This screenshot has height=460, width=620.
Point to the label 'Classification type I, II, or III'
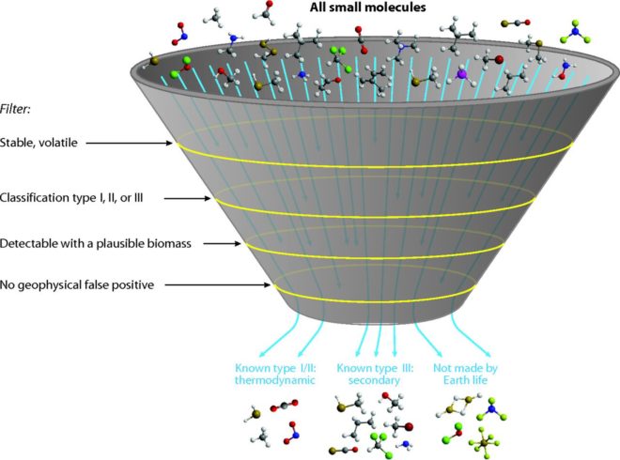coord(81,198)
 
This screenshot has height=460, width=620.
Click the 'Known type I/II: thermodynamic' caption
coord(271,375)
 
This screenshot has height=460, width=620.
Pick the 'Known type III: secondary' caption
coord(376,375)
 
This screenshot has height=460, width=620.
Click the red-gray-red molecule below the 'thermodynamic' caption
coord(284,406)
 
